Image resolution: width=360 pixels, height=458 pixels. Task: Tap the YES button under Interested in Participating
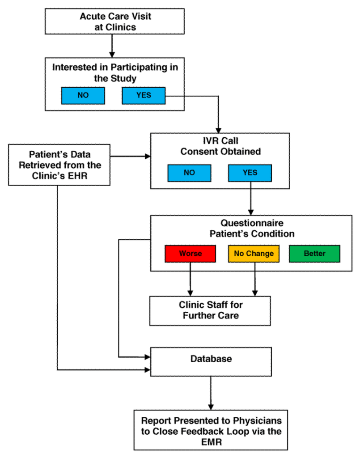point(144,95)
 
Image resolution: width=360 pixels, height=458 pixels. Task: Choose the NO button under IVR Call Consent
point(189,173)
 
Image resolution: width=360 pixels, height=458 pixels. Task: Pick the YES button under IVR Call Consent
point(250,173)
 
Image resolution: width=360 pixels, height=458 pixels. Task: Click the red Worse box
point(191,253)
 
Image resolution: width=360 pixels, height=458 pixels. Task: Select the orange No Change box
point(254,253)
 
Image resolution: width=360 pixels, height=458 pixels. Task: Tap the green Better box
point(315,253)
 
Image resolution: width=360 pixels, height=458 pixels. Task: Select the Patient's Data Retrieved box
point(59,165)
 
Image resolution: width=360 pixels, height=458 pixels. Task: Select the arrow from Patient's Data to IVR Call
point(130,156)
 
